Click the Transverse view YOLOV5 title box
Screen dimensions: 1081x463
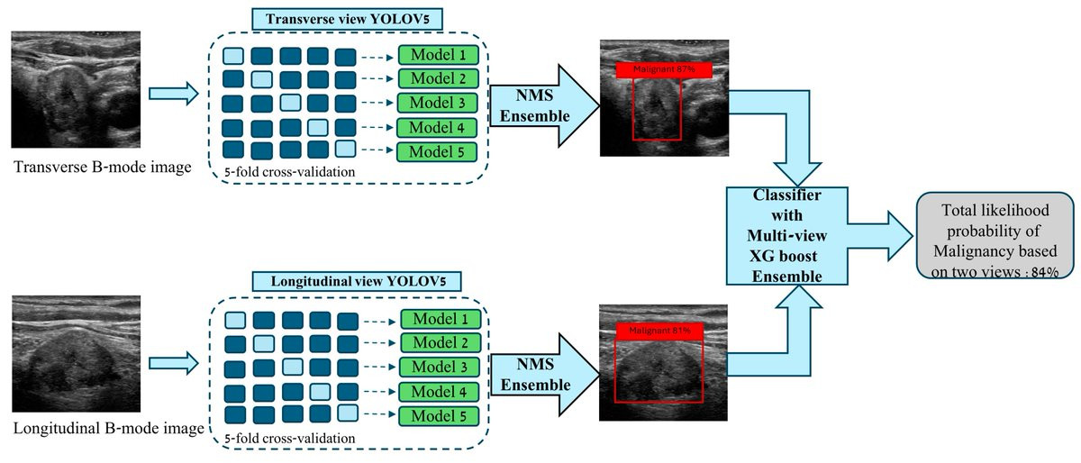[347, 19]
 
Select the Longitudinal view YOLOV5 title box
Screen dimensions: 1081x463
[357, 281]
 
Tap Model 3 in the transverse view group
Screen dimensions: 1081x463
[437, 103]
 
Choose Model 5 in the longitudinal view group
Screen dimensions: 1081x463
[440, 415]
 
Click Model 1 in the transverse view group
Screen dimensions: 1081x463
[438, 55]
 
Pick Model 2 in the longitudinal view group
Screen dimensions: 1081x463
[441, 343]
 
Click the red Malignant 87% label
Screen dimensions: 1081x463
[664, 69]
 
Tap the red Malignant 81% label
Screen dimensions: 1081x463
[659, 331]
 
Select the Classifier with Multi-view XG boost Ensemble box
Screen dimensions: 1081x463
[787, 236]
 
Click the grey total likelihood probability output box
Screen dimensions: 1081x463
[995, 236]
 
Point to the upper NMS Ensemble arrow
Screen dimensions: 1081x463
[545, 105]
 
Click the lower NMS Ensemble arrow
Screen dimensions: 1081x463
[545, 375]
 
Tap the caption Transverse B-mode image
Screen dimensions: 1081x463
[103, 167]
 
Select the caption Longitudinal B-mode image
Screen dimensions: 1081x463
[109, 428]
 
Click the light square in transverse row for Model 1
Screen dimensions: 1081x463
[233, 56]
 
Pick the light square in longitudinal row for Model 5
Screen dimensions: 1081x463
[348, 413]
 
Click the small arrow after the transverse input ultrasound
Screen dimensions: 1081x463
[173, 94]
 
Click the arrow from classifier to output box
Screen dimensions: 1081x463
[880, 236]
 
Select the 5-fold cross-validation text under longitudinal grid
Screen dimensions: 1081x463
[289, 439]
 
